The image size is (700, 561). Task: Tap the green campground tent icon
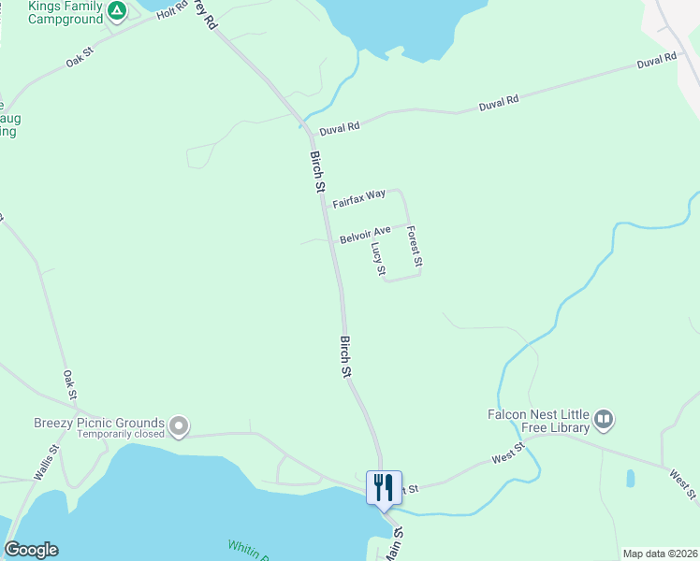[116, 11]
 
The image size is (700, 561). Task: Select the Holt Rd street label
[172, 11]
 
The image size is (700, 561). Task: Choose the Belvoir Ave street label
[365, 233]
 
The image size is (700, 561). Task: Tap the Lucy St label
[378, 259]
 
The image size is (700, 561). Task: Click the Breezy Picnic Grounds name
[99, 422]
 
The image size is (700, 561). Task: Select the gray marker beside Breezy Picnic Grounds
[178, 427]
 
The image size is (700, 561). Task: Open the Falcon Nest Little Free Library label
[538, 421]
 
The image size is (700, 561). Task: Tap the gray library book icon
[603, 420]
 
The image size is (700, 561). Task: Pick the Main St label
[395, 542]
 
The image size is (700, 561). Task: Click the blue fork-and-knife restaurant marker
[384, 487]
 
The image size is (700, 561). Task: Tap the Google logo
[31, 550]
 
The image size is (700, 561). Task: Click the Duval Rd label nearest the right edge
[656, 61]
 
